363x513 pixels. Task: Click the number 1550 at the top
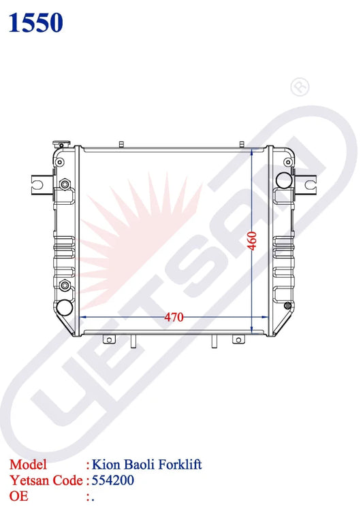pos(35,23)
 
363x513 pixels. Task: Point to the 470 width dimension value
pos(175,316)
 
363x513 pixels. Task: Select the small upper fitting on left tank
pos(65,185)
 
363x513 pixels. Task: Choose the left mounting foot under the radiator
pos(108,340)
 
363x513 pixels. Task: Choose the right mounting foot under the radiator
pos(236,340)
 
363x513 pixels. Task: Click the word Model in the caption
pos(28,465)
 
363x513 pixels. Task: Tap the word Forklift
pos(180,465)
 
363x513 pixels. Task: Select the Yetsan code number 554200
pos(113,480)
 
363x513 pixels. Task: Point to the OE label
pos(19,496)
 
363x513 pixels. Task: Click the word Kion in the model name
pos(104,465)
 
